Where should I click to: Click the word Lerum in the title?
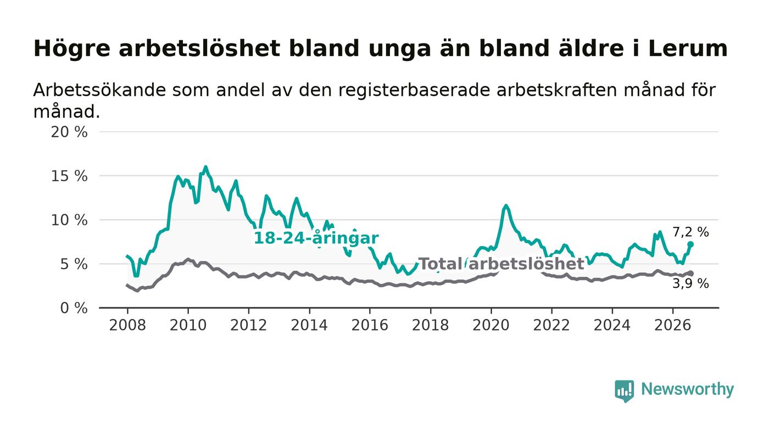click(x=688, y=48)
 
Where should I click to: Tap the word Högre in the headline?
click(x=72, y=49)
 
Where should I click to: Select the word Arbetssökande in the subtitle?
click(x=99, y=90)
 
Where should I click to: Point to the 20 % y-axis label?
click(x=69, y=132)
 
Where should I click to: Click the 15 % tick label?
click(x=69, y=176)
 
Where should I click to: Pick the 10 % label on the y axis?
click(x=69, y=220)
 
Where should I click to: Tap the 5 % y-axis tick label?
click(x=74, y=264)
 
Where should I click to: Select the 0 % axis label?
click(x=74, y=308)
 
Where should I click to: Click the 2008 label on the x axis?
click(x=127, y=325)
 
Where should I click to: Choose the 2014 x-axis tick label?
click(x=309, y=325)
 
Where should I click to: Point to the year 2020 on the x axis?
click(x=491, y=325)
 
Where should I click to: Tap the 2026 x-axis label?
click(x=672, y=325)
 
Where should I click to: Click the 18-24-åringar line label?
click(x=316, y=238)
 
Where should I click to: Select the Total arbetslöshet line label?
click(x=501, y=264)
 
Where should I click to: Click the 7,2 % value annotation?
click(x=691, y=232)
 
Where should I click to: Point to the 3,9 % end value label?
click(x=691, y=283)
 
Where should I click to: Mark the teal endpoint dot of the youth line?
click(x=690, y=244)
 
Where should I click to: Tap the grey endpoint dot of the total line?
click(x=690, y=273)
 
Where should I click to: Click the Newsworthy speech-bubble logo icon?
click(x=625, y=391)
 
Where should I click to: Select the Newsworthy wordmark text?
click(x=688, y=389)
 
